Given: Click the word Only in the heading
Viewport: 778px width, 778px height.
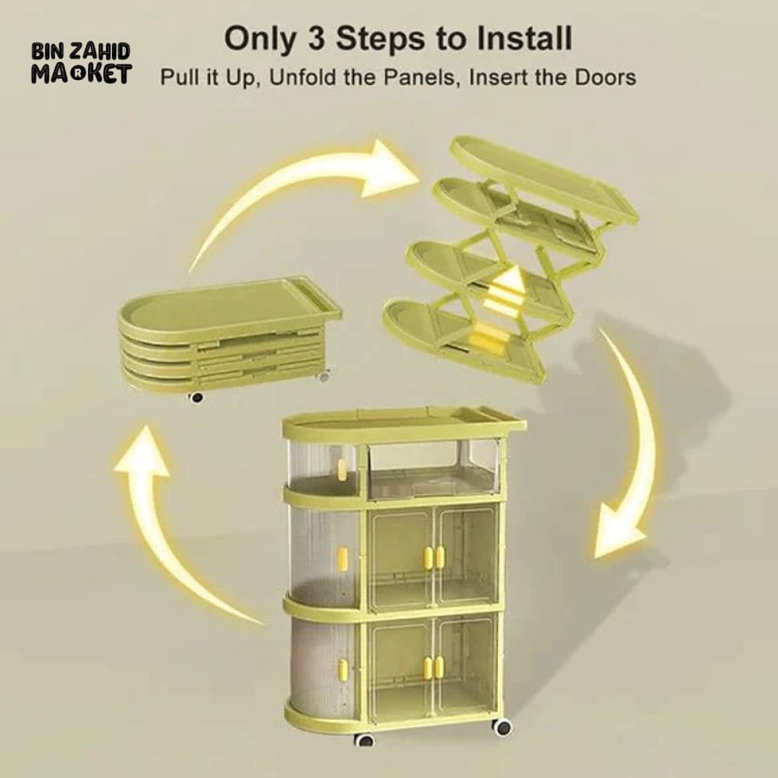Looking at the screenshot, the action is click(x=259, y=39).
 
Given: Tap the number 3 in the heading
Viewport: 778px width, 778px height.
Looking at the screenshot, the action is click(x=316, y=38).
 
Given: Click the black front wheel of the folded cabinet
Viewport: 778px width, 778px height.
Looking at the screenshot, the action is click(x=196, y=398).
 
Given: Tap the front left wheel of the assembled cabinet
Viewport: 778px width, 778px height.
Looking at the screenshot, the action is click(x=365, y=740).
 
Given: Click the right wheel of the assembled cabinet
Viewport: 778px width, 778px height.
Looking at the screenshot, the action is click(x=502, y=727).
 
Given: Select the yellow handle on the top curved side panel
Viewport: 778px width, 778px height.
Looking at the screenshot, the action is click(x=342, y=469).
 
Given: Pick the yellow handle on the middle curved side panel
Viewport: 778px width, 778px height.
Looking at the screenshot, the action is click(x=342, y=558).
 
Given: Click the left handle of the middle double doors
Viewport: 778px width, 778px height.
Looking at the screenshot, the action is click(x=428, y=557).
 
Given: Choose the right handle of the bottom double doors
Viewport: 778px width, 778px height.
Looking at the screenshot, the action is click(x=439, y=667).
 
